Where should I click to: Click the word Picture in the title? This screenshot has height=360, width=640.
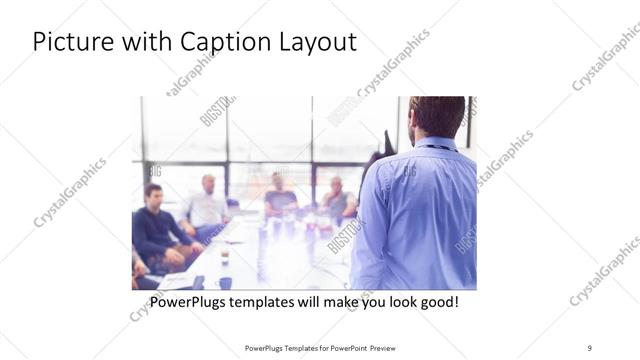pos(71,43)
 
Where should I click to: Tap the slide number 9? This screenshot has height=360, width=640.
pos(590,348)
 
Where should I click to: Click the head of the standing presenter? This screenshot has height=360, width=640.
pos(437,116)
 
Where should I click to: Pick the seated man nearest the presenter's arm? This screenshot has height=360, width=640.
pos(337,198)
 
